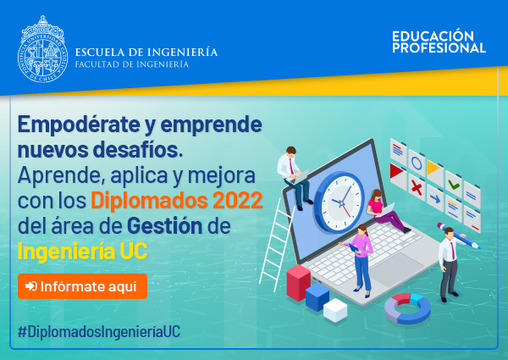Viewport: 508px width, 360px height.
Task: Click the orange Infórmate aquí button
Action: pos(83,286)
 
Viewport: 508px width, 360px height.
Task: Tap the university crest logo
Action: pos(42,49)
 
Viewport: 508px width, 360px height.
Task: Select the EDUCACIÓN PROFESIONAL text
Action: pos(439,42)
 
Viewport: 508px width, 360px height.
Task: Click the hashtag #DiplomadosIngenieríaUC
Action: pos(99,332)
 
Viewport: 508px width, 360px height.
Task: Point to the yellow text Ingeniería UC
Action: pos(83,251)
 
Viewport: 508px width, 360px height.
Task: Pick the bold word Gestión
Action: pos(164,226)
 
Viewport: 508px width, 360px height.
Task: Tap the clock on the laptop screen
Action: pos(340,202)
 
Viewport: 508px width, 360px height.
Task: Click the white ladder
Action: pos(276,244)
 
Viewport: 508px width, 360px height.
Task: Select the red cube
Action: pos(298,282)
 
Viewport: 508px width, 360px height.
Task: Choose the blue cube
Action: pos(317,296)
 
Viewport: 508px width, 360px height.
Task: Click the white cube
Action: pos(335,310)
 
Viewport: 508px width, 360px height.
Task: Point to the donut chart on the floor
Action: pos(407,308)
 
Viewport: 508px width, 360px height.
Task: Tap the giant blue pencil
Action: pos(458,235)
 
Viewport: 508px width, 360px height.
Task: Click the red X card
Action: pos(417,187)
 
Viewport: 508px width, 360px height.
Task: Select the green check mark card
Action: pos(454,185)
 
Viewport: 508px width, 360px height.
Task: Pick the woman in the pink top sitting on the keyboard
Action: pos(386,210)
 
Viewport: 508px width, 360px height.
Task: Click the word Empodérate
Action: pos(79,125)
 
